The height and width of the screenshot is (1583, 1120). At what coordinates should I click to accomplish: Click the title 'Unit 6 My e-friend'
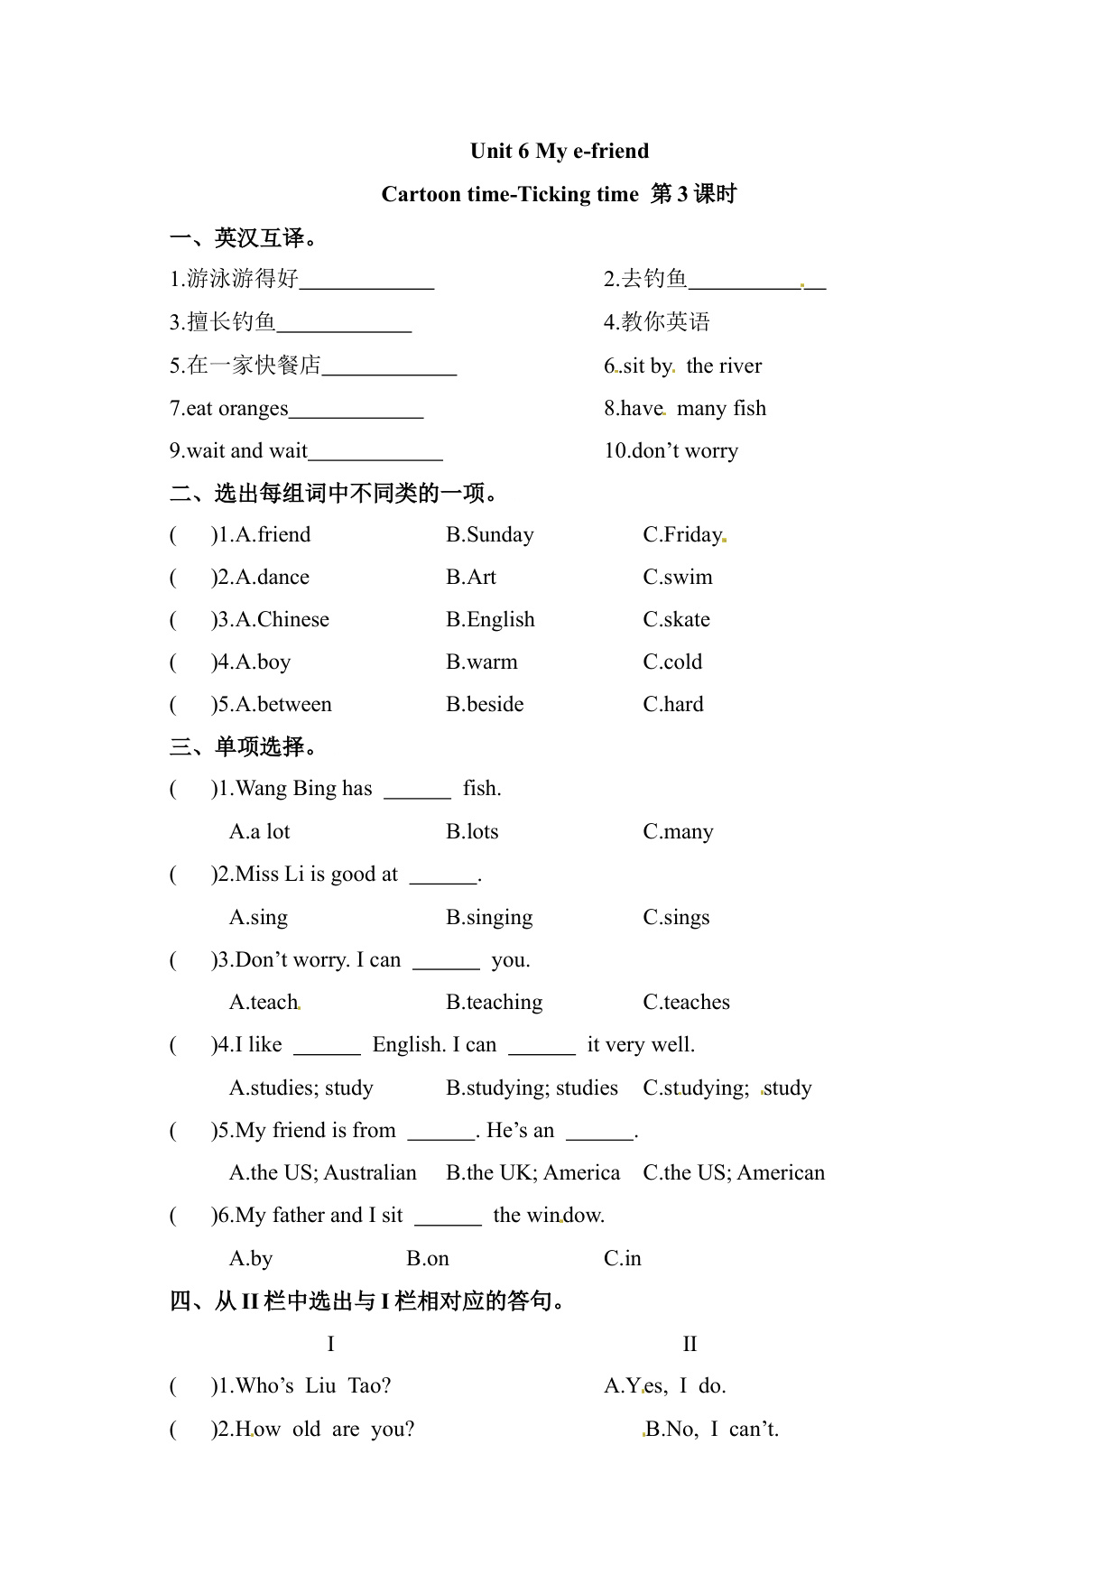(x=559, y=151)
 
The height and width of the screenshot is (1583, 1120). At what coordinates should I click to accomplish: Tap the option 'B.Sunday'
(x=489, y=534)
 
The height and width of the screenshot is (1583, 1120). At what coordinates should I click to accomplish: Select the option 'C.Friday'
(x=682, y=534)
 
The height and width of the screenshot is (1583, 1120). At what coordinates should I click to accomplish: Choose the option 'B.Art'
(x=470, y=577)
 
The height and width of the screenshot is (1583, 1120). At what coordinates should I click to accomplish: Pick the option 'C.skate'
(x=676, y=619)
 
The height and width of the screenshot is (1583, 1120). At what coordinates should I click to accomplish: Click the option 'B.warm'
(x=481, y=662)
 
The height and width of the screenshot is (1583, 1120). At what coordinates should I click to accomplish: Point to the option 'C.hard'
(x=672, y=704)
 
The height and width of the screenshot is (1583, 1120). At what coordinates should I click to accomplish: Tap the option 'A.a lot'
(x=259, y=831)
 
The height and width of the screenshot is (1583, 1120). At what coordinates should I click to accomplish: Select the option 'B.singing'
(x=488, y=917)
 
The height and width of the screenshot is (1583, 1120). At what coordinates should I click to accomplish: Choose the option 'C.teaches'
(x=686, y=1002)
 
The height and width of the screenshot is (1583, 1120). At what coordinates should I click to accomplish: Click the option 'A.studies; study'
(x=301, y=1088)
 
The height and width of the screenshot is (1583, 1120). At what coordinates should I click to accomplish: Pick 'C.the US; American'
(x=733, y=1172)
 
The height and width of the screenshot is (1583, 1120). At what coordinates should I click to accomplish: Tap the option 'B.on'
(x=427, y=1258)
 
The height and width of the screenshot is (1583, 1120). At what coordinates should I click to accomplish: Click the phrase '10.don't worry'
(x=671, y=450)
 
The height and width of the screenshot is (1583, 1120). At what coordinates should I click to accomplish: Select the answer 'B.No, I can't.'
(x=712, y=1429)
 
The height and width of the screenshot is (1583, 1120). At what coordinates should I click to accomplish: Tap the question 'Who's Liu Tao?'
(x=313, y=1385)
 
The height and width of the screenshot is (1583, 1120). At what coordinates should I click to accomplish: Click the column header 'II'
(x=690, y=1344)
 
